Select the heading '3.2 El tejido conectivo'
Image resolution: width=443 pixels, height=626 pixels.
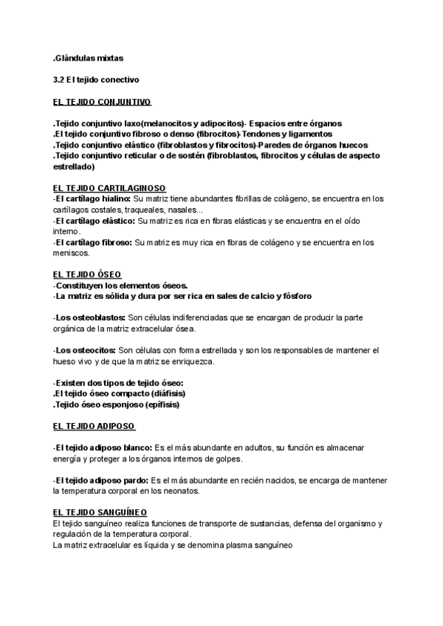[96, 78]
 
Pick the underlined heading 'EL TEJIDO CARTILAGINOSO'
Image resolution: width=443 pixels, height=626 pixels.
[109, 188]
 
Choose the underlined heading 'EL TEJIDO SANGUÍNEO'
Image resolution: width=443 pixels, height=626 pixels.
[100, 512]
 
